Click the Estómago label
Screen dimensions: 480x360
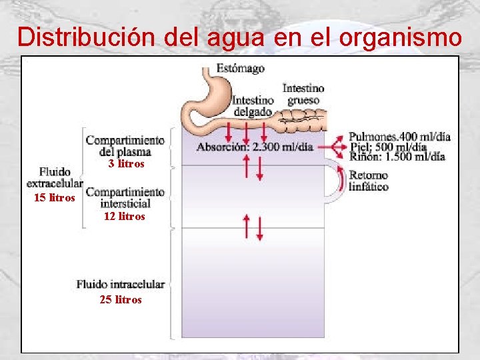point(240,69)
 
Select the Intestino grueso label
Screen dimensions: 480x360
point(303,94)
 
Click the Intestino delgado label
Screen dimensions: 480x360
point(253,106)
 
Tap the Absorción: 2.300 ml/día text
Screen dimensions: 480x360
point(255,147)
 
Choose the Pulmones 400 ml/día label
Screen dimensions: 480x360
point(399,137)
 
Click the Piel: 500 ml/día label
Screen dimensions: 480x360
point(388,147)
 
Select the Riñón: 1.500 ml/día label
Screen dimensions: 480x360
point(397,157)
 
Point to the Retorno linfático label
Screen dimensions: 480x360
point(369,181)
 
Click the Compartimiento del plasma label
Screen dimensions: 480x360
point(125,146)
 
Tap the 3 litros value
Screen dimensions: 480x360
point(126,164)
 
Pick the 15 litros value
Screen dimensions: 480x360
point(55,198)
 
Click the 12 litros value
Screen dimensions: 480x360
point(125,217)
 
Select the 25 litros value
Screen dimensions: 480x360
point(121,300)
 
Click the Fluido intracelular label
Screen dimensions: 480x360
point(121,285)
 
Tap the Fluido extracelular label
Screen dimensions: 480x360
point(55,177)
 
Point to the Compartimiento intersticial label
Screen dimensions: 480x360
point(125,198)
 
